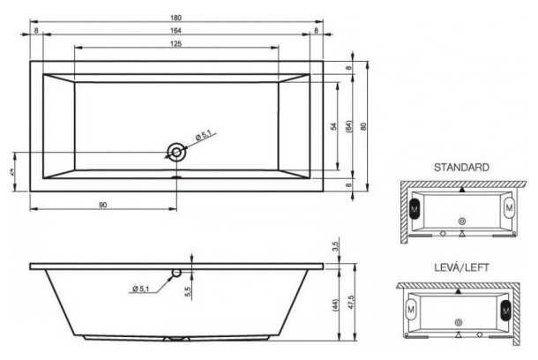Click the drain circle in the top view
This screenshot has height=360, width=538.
click(x=177, y=152)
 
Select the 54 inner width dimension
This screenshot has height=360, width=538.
click(x=334, y=126)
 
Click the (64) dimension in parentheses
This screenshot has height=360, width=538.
click(x=349, y=126)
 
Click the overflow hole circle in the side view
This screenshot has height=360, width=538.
click(x=177, y=274)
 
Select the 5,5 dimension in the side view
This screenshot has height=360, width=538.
click(x=187, y=290)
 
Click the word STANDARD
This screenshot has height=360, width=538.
click(x=461, y=166)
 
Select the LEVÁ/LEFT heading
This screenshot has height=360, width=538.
click(x=461, y=266)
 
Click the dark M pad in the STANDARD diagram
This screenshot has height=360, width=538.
click(x=415, y=208)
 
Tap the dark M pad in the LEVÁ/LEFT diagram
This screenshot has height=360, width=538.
click(x=506, y=310)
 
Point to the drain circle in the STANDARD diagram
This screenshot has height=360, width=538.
click(x=461, y=220)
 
